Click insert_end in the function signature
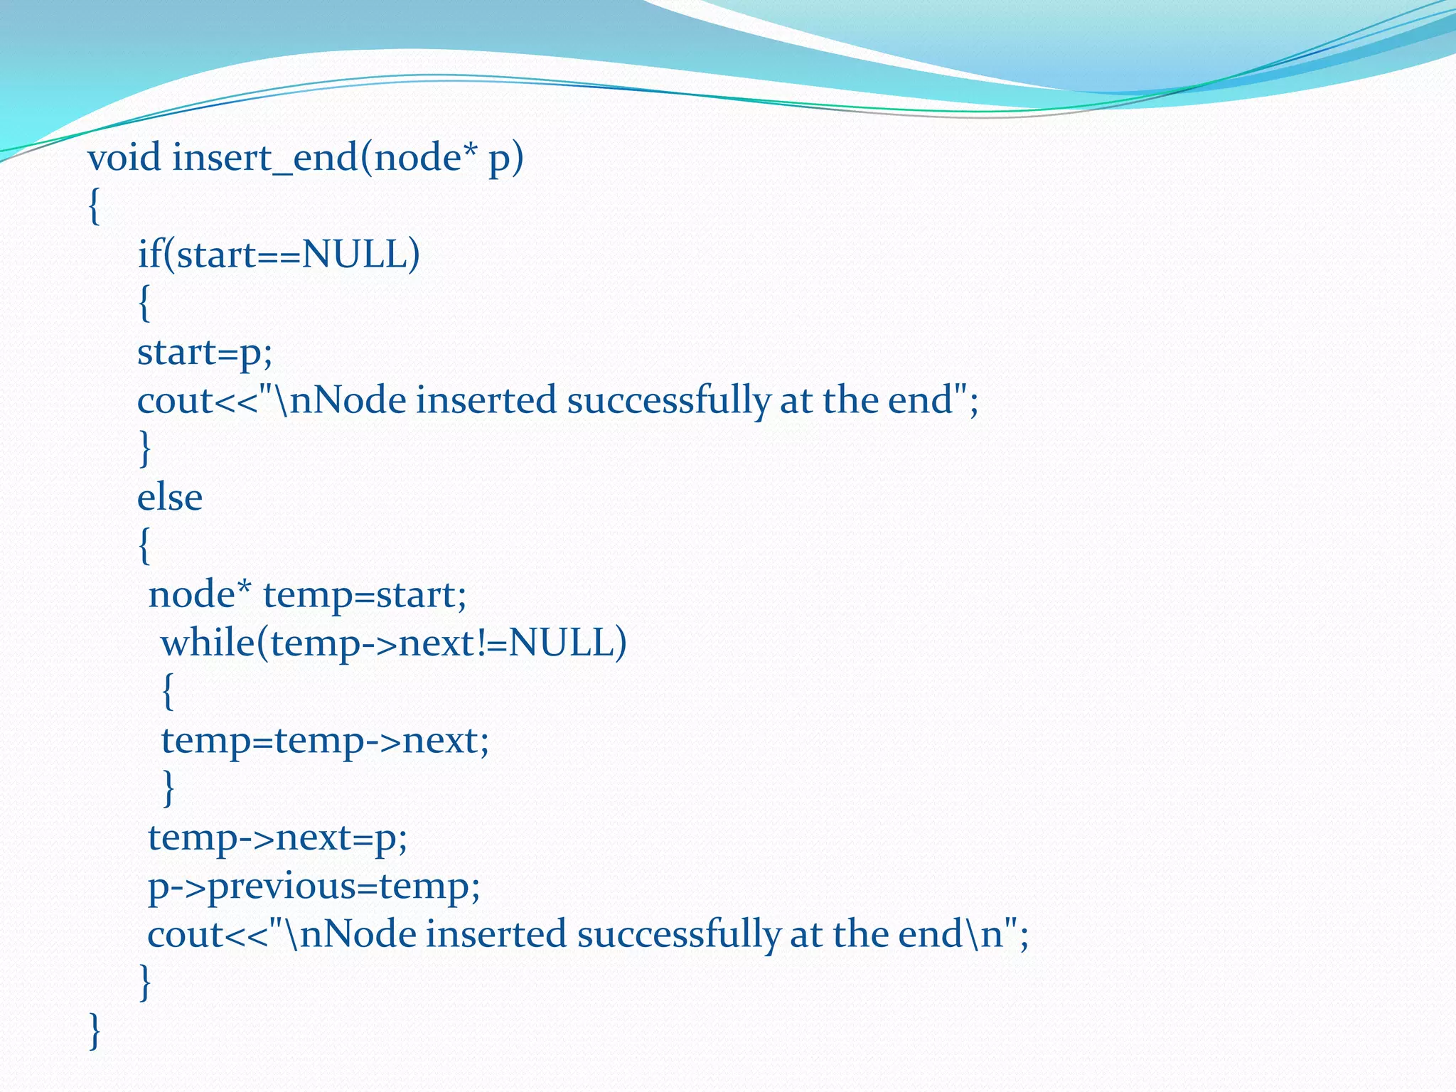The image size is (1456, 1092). tap(265, 158)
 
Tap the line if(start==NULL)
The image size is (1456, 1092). tap(278, 255)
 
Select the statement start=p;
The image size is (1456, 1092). tap(205, 353)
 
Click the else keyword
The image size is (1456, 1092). tap(169, 497)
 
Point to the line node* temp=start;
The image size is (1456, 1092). tap(307, 594)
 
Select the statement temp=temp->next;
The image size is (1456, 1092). tap(325, 741)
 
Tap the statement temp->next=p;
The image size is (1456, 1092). tap(277, 837)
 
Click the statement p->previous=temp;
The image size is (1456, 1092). tap(314, 887)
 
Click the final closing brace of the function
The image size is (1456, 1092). tap(95, 1032)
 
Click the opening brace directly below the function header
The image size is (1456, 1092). tap(95, 207)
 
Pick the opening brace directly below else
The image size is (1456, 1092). tap(144, 546)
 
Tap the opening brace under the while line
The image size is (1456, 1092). tap(168, 692)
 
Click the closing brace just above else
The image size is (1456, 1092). tap(144, 449)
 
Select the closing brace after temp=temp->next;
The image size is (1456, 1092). tap(168, 788)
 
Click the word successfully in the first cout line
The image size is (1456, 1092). tap(668, 400)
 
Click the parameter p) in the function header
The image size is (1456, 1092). tap(505, 158)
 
